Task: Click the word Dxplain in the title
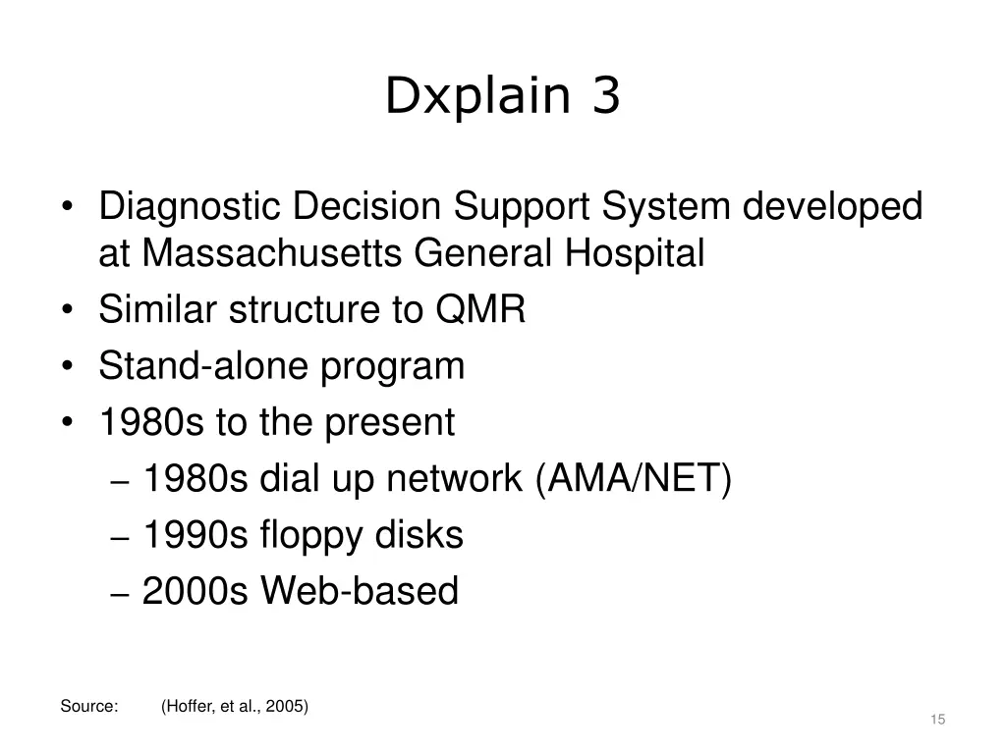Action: pos(476,97)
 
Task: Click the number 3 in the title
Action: pos(606,97)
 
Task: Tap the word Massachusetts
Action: pos(272,254)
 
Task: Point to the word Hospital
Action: pos(635,254)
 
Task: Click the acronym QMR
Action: pos(480,310)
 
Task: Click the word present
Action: pos(390,423)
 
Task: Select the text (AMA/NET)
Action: pos(635,479)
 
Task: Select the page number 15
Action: pos(937,721)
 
